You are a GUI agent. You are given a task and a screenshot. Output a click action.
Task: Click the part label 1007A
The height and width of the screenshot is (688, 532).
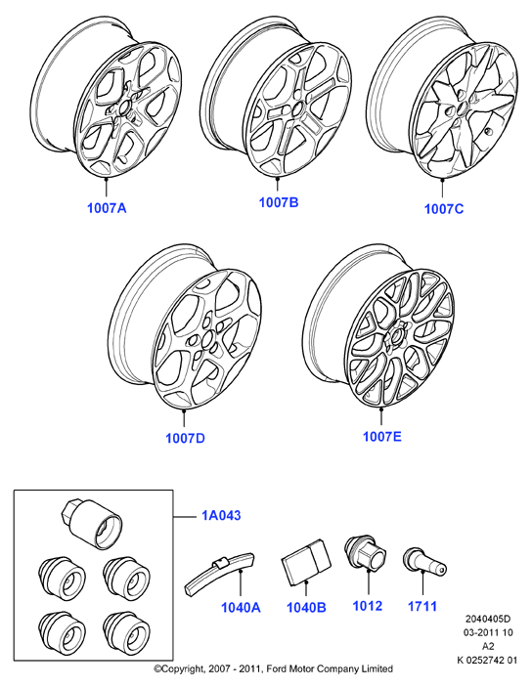[107, 208]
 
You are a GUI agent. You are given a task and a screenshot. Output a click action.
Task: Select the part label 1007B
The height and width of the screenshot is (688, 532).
[279, 202]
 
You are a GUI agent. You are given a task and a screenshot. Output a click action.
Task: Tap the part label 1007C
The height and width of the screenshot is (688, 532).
[444, 209]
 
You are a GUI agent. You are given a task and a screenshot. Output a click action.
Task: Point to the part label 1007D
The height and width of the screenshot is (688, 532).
[185, 439]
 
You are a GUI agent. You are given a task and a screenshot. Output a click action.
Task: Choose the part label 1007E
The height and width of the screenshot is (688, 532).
[381, 437]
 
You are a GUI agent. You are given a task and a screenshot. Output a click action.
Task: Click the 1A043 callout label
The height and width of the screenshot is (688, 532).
[221, 515]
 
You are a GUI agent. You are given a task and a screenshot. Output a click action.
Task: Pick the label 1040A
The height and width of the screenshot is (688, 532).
[241, 608]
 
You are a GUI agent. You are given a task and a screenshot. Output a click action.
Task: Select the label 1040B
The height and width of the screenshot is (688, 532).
[306, 608]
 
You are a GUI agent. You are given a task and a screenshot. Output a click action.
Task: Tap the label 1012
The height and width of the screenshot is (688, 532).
[368, 606]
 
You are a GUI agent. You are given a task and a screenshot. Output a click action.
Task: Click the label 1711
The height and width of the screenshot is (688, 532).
[422, 606]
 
